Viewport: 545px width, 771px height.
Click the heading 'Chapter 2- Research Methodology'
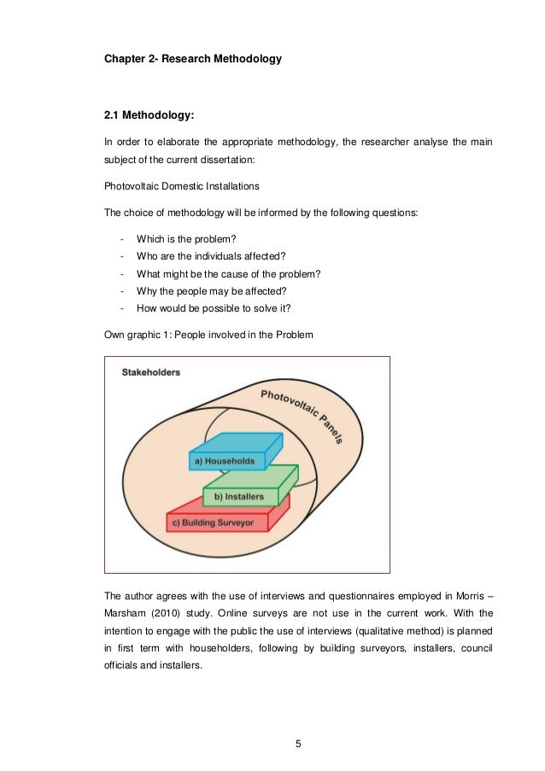pyautogui.click(x=193, y=60)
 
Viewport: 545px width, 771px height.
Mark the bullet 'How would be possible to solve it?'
pyautogui.click(x=214, y=308)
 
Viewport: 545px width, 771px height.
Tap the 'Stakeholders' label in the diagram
pyautogui.click(x=150, y=373)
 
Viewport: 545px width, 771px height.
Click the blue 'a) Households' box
pyautogui.click(x=225, y=461)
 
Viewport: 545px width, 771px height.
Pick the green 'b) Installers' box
pyautogui.click(x=239, y=496)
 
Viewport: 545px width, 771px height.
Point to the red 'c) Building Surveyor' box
pyautogui.click(x=213, y=523)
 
